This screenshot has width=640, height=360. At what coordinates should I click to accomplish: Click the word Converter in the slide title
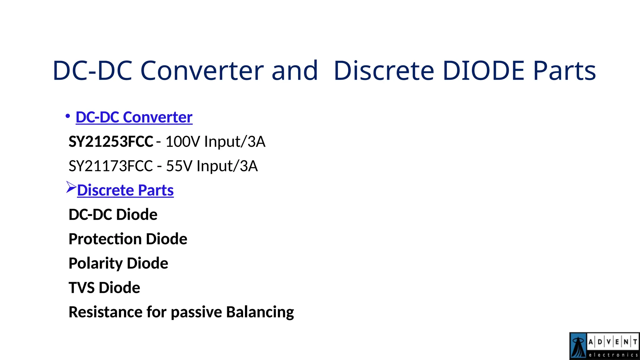[202, 71]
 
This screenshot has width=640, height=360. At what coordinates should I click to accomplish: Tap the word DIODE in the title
[483, 71]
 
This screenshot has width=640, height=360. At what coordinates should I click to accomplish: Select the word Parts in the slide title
[564, 71]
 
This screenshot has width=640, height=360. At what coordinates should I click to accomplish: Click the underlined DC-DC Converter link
[134, 117]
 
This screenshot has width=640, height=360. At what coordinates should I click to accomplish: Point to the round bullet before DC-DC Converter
[67, 116]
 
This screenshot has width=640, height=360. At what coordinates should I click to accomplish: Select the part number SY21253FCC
[111, 142]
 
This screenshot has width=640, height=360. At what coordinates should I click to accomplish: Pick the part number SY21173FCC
[111, 166]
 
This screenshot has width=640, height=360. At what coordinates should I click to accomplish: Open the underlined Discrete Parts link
[125, 190]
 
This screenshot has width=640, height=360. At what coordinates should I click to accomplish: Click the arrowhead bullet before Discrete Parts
[71, 187]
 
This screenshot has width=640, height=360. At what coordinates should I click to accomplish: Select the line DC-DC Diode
[113, 215]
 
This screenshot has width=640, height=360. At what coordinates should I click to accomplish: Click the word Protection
[105, 239]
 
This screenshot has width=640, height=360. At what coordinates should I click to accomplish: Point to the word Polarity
[96, 263]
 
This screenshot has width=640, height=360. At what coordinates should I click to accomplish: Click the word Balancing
[260, 312]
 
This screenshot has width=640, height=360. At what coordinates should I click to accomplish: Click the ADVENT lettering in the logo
[612, 342]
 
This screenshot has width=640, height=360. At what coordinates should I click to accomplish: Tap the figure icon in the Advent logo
[578, 346]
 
